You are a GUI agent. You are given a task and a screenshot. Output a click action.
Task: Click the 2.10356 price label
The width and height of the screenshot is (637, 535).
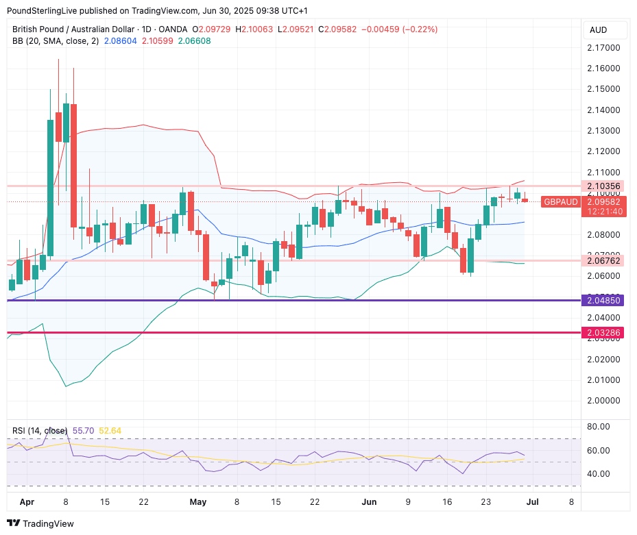point(604,186)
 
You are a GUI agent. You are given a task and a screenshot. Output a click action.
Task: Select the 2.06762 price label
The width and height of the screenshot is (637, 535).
point(604,260)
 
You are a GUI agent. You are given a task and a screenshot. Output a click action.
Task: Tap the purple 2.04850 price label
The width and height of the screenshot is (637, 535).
point(604,301)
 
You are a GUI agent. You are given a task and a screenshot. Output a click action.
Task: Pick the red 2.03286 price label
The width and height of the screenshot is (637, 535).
point(604,333)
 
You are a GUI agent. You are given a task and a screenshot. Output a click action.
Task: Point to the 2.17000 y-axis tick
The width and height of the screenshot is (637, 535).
point(604,48)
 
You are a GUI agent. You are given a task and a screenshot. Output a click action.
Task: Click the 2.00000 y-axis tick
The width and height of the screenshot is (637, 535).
point(604,401)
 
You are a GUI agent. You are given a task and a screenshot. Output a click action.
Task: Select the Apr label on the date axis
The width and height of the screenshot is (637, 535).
point(27,502)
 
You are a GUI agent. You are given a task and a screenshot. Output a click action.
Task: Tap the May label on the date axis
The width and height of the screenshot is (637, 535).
point(197,502)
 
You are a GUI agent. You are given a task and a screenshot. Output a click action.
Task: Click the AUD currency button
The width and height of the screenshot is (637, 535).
point(598,30)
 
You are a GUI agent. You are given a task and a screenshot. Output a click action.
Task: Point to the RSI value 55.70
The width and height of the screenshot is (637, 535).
point(82,430)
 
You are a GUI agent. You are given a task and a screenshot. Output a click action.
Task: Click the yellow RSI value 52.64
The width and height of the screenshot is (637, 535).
point(110,430)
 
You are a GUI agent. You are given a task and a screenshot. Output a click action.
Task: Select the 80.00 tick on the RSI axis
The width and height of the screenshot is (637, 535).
point(599,427)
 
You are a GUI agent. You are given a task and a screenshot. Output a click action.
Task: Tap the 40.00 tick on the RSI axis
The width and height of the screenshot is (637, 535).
point(599,474)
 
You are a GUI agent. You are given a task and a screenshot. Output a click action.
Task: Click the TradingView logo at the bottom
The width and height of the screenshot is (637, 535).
point(41,523)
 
